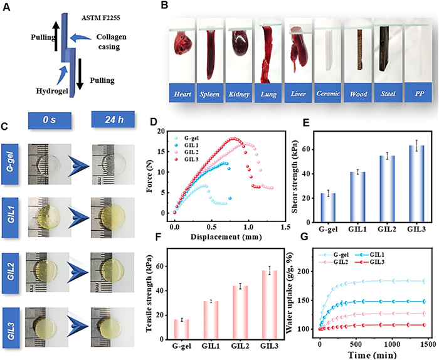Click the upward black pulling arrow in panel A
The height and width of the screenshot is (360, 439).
click(x=55, y=37)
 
